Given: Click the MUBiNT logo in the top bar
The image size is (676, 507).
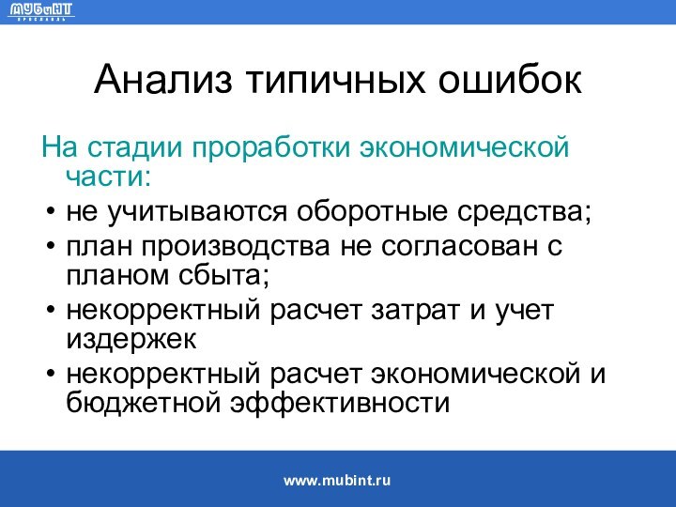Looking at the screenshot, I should [41, 12].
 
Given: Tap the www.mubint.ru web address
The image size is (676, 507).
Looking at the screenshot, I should [337, 480].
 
